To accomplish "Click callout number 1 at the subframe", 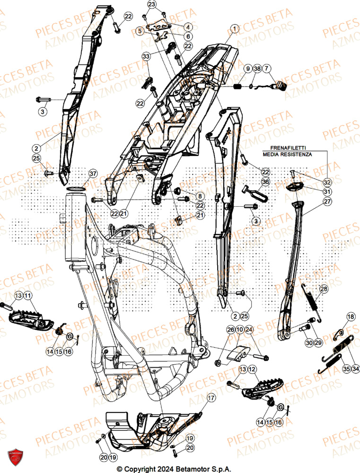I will coord(233,28).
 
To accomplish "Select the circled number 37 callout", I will coord(92,174).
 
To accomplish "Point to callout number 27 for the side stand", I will coord(327,201).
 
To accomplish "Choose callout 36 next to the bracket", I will coord(264,182).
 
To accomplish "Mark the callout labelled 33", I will coord(146,56).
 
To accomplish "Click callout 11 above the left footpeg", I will coord(27,296).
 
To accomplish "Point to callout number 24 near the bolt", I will coord(249,329).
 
